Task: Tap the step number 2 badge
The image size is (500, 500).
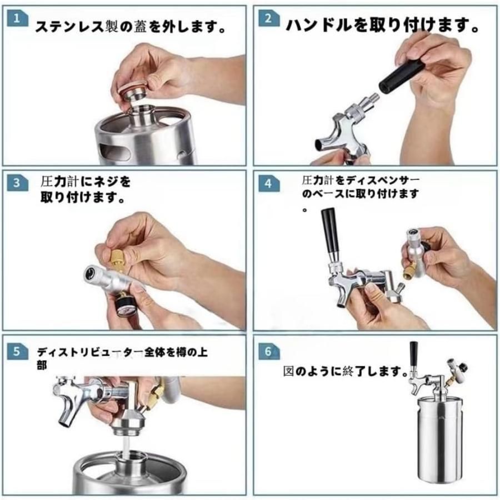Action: [269, 18]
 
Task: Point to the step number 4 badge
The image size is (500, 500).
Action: [269, 184]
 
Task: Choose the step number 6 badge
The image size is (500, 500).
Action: [269, 352]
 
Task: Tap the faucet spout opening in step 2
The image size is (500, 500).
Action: [319, 144]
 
